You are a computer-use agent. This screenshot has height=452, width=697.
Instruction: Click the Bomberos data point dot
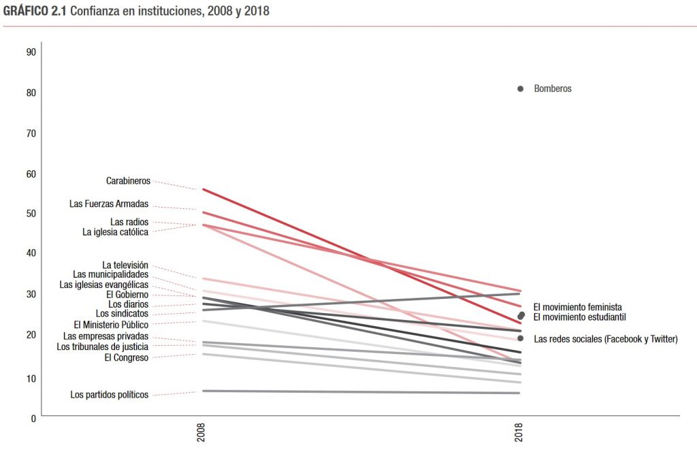(x=521, y=88)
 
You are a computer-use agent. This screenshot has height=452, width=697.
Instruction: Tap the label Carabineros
(x=128, y=181)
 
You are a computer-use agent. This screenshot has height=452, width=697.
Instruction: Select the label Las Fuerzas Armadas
(x=109, y=204)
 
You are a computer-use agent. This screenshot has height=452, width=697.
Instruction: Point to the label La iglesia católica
(x=115, y=232)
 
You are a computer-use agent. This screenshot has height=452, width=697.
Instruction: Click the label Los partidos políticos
(x=109, y=395)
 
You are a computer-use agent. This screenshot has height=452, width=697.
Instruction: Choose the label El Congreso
(x=126, y=357)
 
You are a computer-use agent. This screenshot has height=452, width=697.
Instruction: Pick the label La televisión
(x=125, y=265)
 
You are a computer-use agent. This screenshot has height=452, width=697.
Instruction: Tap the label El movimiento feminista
(x=577, y=308)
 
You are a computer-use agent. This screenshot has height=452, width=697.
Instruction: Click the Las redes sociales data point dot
(x=521, y=338)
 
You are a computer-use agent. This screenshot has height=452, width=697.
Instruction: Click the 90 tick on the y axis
(x=31, y=52)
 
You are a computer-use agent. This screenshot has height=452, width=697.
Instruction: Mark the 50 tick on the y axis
(x=31, y=214)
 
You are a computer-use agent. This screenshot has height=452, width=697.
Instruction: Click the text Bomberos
(x=553, y=89)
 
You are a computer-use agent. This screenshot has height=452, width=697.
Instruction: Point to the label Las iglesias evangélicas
(x=103, y=285)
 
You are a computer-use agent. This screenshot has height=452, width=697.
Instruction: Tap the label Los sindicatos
(x=122, y=314)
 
